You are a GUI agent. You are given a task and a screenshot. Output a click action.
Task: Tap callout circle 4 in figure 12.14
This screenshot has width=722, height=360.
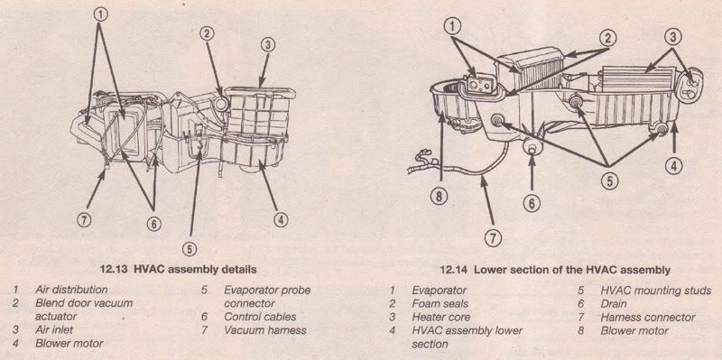(x=672, y=166)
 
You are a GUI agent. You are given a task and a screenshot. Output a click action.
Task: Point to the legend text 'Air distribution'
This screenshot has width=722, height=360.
(x=71, y=291)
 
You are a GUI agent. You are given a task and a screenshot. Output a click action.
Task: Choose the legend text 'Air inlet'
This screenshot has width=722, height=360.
(x=56, y=330)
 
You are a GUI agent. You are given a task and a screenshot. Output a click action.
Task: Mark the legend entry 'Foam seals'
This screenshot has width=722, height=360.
(x=440, y=304)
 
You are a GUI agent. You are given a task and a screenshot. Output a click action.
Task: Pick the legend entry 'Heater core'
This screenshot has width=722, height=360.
(x=442, y=318)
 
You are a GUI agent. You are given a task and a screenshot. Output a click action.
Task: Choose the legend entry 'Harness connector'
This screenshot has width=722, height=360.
(x=648, y=318)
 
